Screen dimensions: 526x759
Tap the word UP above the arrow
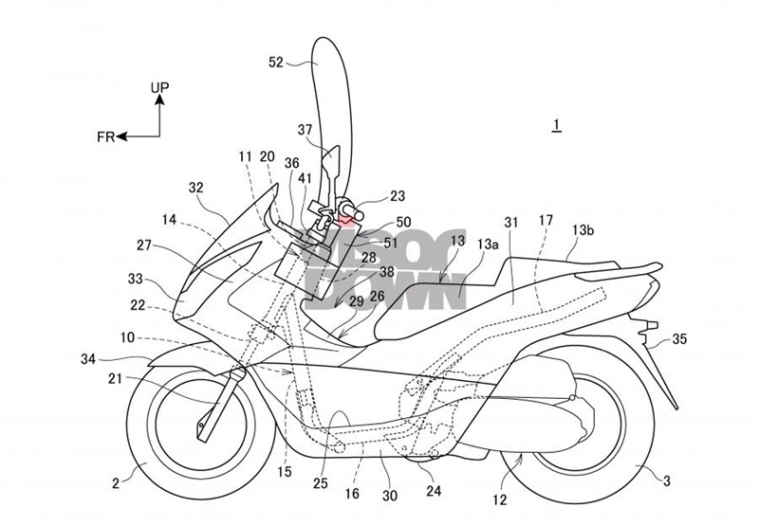tap(160, 88)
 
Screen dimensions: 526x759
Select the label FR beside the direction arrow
tap(105, 136)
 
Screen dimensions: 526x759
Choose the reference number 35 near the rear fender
tap(680, 336)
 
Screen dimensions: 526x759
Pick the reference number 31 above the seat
tap(512, 221)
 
